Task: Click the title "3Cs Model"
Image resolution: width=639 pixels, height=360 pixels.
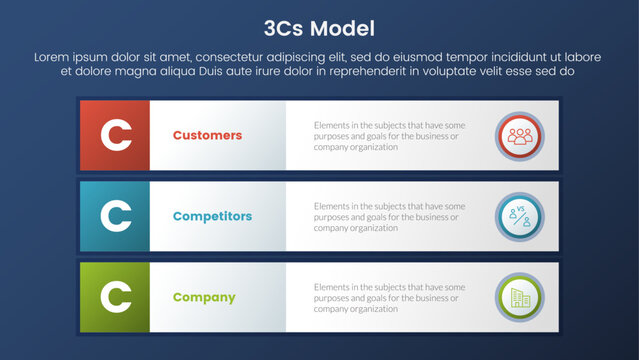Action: tap(319, 27)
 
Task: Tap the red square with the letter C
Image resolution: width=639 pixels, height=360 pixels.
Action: tap(116, 135)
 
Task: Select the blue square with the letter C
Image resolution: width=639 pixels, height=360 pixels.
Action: tap(116, 216)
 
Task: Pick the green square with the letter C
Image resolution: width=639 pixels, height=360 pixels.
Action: tap(116, 297)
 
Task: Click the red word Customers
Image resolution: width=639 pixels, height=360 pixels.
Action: tap(207, 135)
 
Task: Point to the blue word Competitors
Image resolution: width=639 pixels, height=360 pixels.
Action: tap(212, 216)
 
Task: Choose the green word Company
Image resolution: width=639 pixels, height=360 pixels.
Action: tap(204, 297)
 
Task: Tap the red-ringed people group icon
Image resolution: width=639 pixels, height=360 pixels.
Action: tap(519, 136)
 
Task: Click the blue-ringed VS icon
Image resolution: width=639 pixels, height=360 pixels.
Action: tap(519, 216)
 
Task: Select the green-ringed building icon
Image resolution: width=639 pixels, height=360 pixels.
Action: tap(519, 297)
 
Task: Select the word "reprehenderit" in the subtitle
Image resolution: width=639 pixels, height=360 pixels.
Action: tap(350, 72)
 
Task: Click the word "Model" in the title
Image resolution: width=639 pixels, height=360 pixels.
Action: tap(349, 27)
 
